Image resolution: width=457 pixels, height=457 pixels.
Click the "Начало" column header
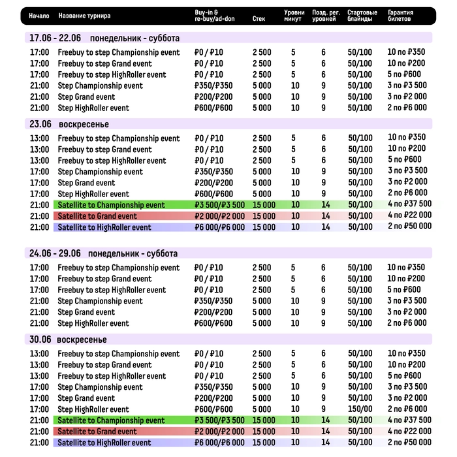(39, 16)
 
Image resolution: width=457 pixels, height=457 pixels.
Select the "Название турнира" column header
(84, 16)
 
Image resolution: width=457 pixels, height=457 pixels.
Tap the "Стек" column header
(259, 19)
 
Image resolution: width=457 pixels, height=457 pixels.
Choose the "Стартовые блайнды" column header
(362, 16)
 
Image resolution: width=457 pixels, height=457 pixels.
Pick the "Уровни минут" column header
(294, 16)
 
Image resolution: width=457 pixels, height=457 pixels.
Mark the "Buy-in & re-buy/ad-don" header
(214, 16)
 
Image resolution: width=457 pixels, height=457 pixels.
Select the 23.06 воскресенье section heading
(68, 124)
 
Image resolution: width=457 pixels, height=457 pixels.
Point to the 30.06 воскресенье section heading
(68, 339)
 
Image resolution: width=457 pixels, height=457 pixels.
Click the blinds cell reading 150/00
(360, 409)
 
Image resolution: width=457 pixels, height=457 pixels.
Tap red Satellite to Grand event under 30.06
(97, 432)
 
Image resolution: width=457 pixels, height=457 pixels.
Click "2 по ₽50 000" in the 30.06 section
(409, 443)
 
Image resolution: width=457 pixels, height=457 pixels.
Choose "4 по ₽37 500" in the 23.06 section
(409, 205)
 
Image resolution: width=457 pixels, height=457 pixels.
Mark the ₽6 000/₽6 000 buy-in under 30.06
(219, 443)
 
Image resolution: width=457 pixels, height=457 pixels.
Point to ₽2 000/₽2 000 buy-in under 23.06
(219, 216)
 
